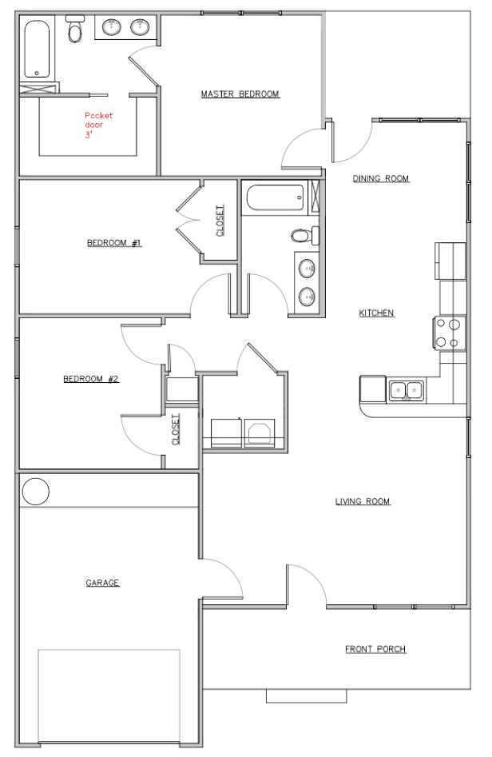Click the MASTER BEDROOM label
point(240,94)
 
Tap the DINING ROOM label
point(381,179)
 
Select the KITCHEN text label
point(376,313)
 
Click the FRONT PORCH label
point(375,649)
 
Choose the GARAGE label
point(102,584)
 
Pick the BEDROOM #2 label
point(91,379)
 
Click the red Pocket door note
point(99,125)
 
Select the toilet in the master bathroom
point(76,30)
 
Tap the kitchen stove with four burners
point(448,333)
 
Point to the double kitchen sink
point(407,391)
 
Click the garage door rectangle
point(109,695)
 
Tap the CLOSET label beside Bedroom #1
point(220,221)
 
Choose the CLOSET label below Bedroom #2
point(177,429)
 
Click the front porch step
point(307,695)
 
